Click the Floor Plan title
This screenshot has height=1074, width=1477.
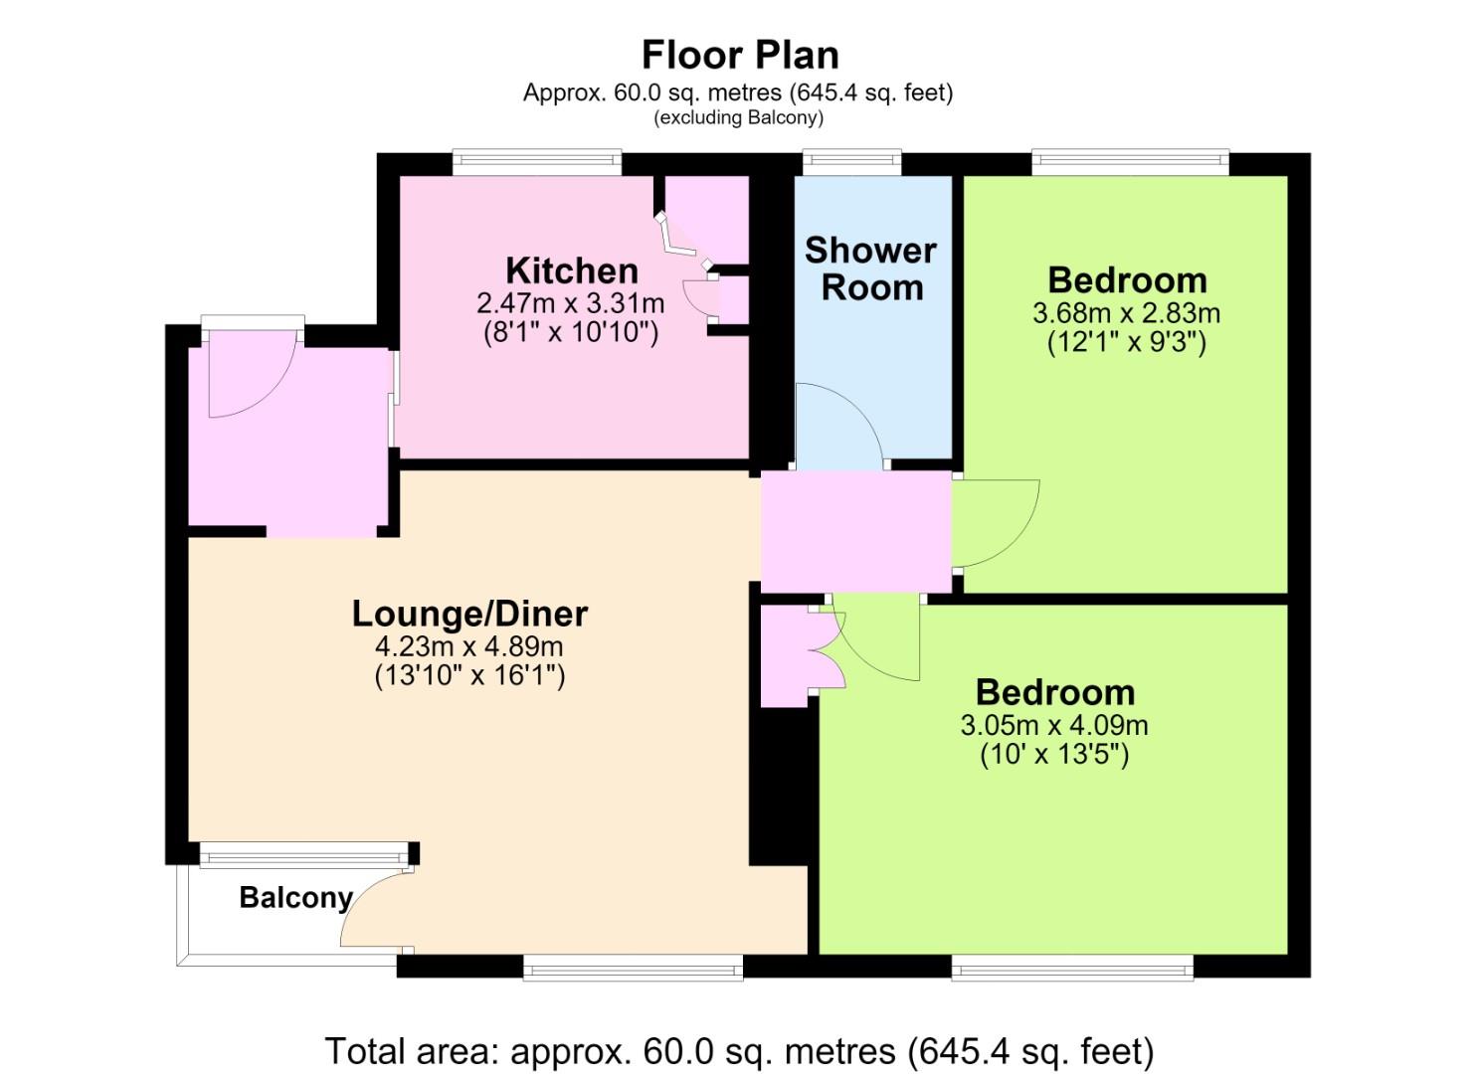pos(740,56)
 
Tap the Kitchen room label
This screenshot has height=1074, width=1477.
pos(572,270)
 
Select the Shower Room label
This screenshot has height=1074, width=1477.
pos(871,268)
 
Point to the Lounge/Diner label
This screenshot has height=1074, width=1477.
pos(469,614)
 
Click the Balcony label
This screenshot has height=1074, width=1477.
pos(296,897)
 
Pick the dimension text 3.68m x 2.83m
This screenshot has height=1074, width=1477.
pos(1126,313)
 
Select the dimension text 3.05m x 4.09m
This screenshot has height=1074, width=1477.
pos(1054,725)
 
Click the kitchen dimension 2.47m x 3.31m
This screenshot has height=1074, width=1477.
pos(570,304)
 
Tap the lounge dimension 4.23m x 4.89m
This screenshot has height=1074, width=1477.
pos(468,646)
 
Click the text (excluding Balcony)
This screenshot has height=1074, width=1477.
pos(738,118)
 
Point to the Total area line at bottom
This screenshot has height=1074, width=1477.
pos(740,1051)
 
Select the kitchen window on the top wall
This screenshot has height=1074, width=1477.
pos(537,162)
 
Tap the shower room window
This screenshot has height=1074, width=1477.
pos(852,162)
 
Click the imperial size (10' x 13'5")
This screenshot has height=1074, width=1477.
pos(1054,754)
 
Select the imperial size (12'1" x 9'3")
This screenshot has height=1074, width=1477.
pos(1126,342)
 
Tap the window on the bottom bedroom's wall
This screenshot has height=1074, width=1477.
pos(1073,967)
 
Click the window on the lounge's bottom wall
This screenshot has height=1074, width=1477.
pos(633,967)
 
